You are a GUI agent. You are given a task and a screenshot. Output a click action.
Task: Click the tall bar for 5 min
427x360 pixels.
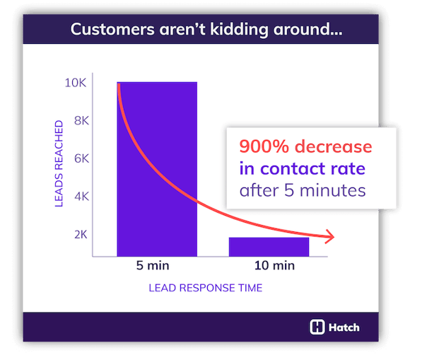tap(157, 169)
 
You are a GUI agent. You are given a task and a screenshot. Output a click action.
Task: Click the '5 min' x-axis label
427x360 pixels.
tap(156, 267)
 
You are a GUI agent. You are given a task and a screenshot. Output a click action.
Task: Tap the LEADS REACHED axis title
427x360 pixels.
tap(59, 164)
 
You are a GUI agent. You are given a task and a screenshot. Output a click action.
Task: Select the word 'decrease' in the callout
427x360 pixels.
tap(334, 147)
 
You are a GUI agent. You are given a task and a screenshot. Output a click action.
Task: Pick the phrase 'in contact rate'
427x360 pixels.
tap(302, 168)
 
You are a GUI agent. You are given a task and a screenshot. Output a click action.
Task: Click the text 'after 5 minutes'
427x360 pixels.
tap(301, 190)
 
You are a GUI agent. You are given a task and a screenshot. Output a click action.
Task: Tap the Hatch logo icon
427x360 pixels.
tap(317, 327)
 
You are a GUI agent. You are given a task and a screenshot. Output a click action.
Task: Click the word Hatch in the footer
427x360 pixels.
tap(344, 327)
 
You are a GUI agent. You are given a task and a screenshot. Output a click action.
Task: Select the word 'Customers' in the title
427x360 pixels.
tap(115, 31)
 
